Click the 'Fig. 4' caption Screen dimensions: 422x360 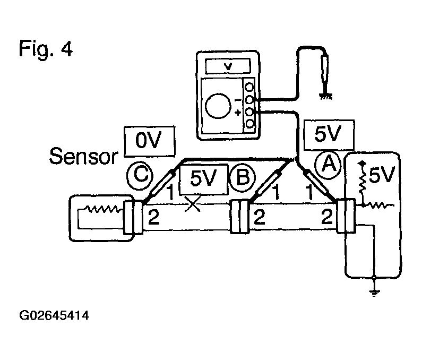pyautogui.click(x=46, y=48)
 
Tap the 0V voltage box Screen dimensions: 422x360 pyautogui.click(x=149, y=141)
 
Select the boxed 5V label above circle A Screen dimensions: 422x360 pyautogui.click(x=329, y=135)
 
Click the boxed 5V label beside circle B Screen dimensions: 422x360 pyautogui.click(x=203, y=178)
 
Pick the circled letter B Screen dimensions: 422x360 pyautogui.click(x=243, y=178)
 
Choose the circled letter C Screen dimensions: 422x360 pyautogui.click(x=140, y=176)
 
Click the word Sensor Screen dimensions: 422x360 pyautogui.click(x=83, y=156)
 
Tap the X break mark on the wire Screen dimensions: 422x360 pyautogui.click(x=193, y=204)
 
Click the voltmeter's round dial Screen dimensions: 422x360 pyautogui.click(x=218, y=106)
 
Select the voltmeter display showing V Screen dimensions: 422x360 pyautogui.click(x=228, y=66)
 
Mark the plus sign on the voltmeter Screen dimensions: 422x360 pyautogui.click(x=237, y=112)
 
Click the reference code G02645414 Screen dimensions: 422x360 pyautogui.click(x=54, y=315)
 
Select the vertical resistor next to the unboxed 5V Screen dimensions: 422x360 pyautogui.click(x=362, y=183)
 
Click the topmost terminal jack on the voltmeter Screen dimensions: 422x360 pyautogui.click(x=250, y=87)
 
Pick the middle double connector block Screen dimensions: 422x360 pyautogui.click(x=239, y=216)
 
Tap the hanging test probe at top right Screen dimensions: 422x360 pyautogui.click(x=325, y=68)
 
